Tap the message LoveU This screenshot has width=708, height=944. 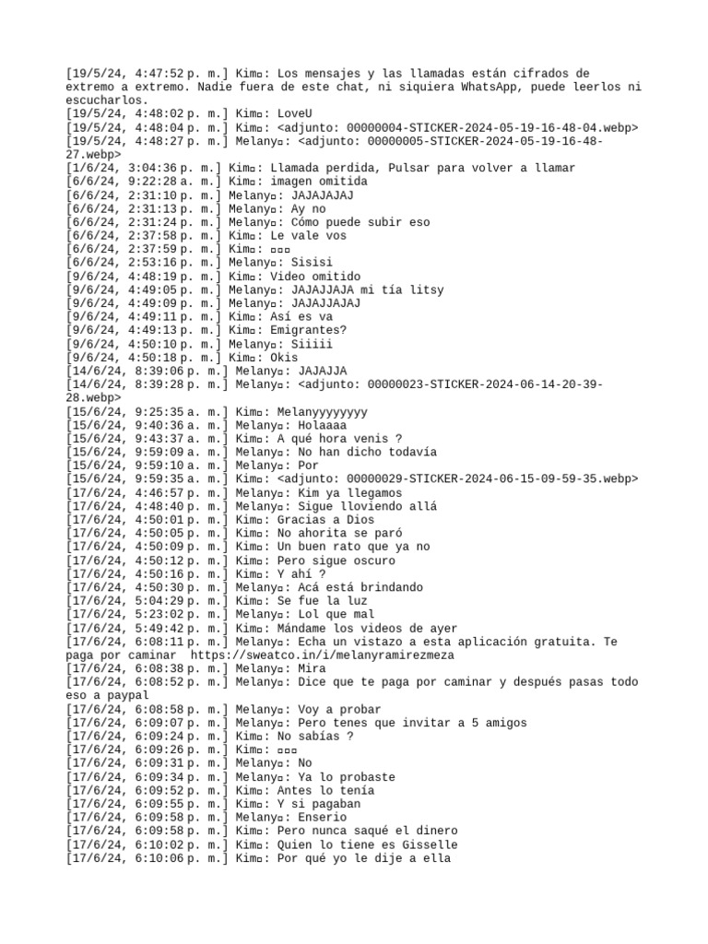coord(297,113)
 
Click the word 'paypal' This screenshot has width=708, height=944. coord(128,696)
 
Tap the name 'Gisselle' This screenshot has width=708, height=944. coord(431,845)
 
